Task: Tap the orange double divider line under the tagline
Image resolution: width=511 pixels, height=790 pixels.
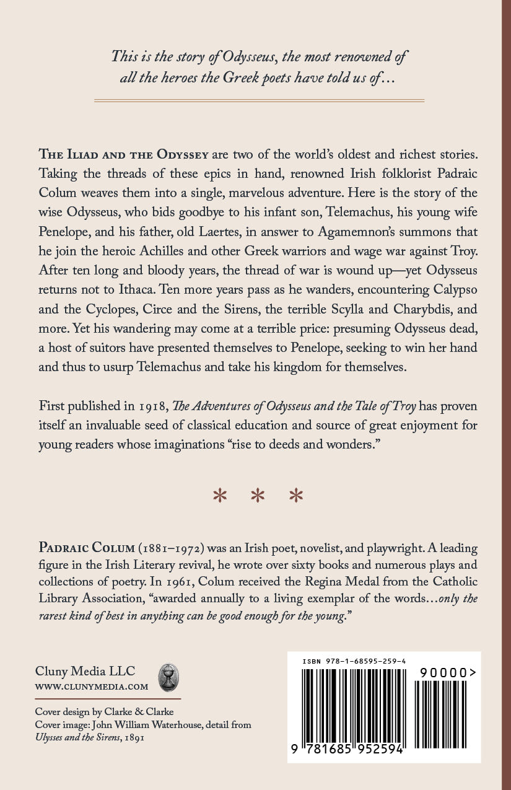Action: click(255, 99)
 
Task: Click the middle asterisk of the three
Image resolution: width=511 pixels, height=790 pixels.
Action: click(255, 496)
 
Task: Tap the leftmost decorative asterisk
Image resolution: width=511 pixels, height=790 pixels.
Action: click(219, 496)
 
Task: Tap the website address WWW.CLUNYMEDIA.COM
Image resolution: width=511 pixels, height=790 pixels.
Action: click(92, 687)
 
